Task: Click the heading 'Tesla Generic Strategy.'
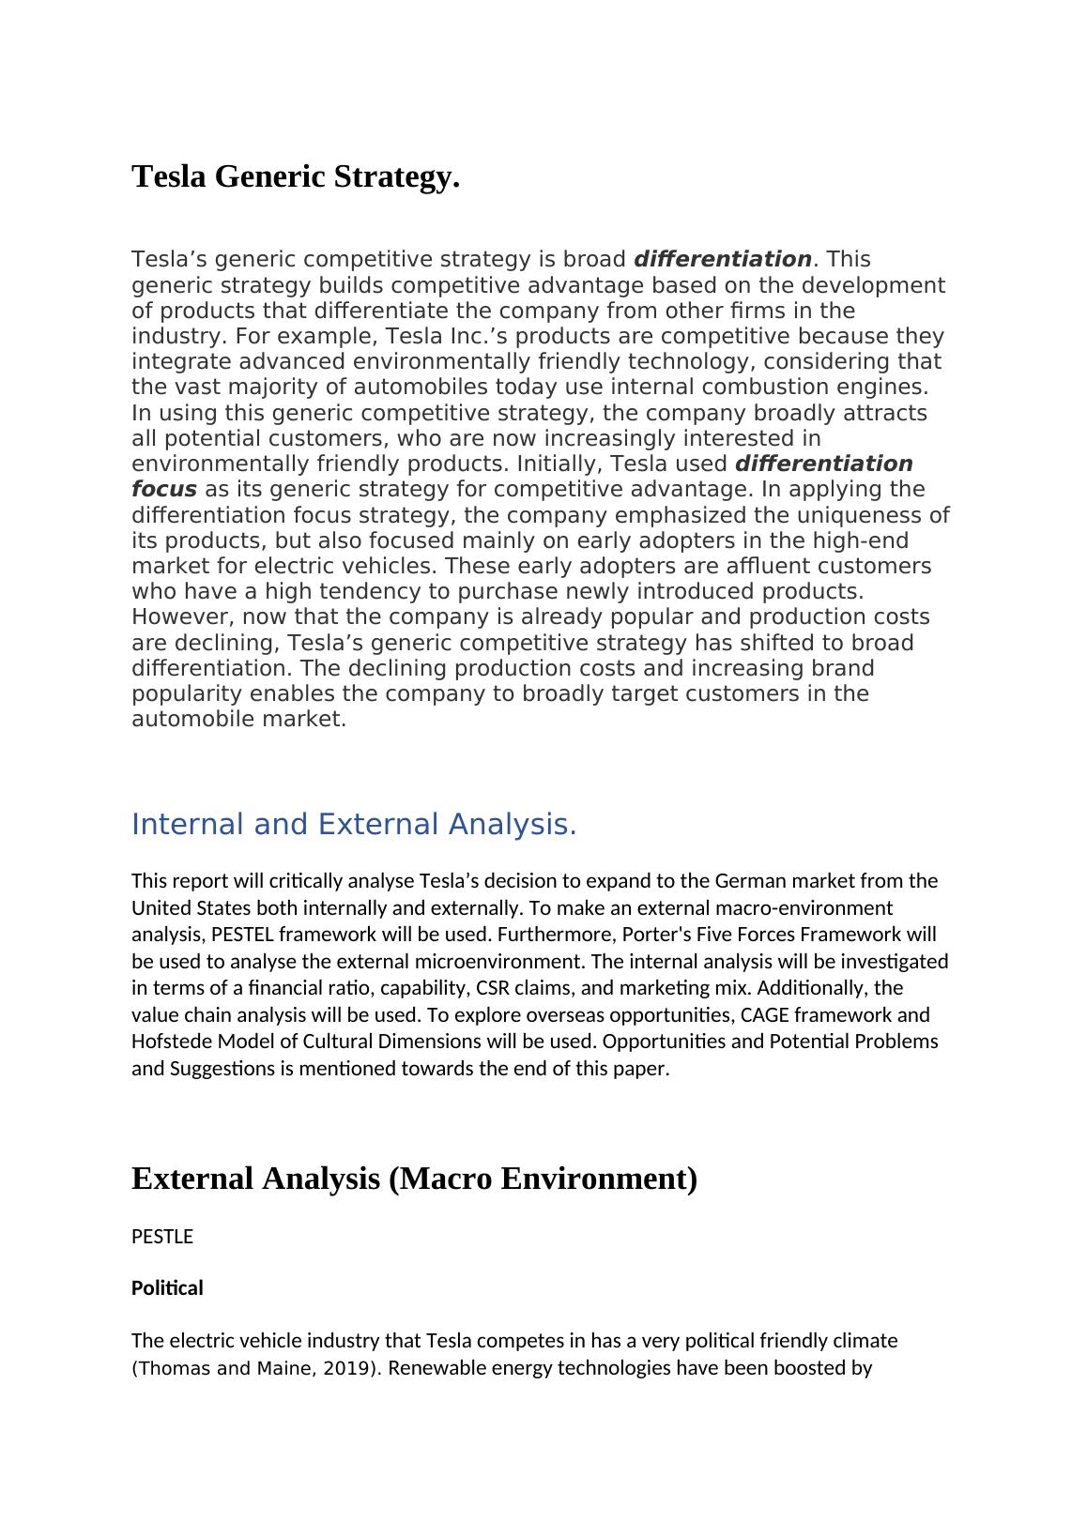[x=296, y=176]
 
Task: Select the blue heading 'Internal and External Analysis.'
[x=354, y=824]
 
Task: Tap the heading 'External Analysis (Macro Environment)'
[x=414, y=1178]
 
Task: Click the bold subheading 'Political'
[x=167, y=1287]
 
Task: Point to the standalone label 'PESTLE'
[x=162, y=1237]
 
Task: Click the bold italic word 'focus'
[x=164, y=489]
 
